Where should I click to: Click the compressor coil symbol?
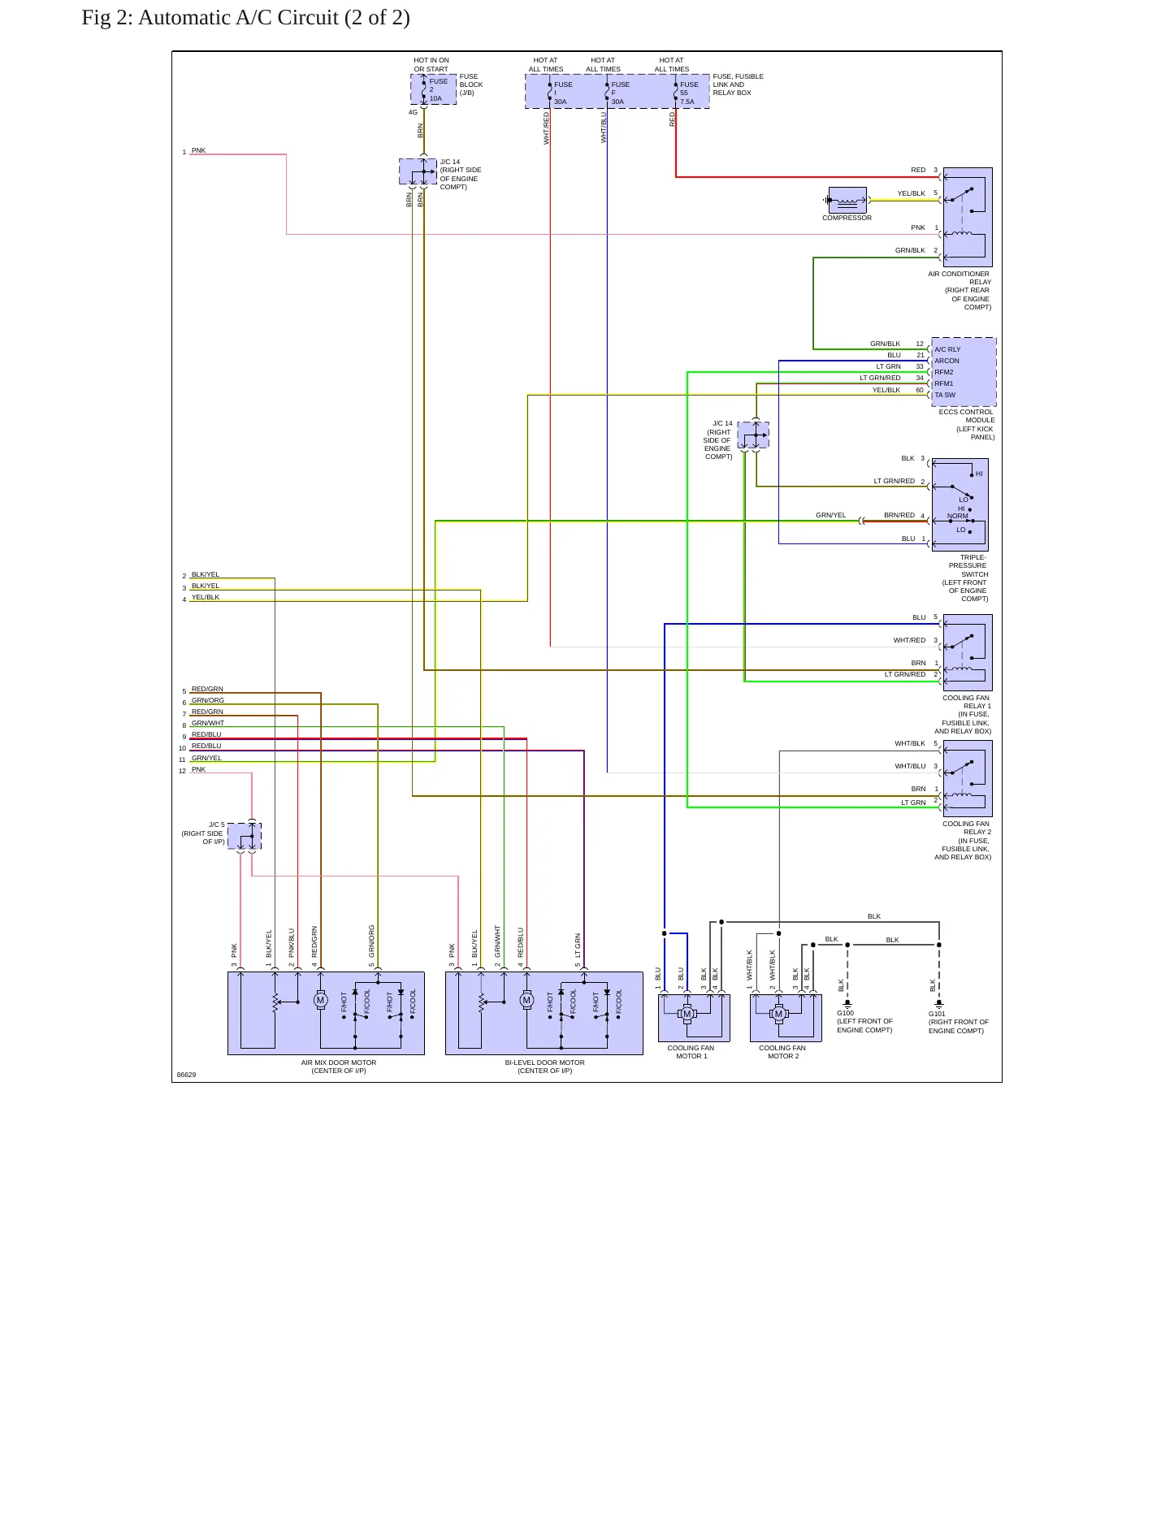(x=847, y=200)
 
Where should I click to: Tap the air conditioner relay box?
(x=968, y=217)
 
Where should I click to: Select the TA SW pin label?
(x=945, y=396)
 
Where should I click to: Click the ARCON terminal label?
(x=947, y=361)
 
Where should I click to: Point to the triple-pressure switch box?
(x=960, y=504)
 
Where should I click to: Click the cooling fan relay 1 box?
(x=968, y=652)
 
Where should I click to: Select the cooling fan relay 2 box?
(x=968, y=778)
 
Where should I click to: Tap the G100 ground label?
(x=846, y=1013)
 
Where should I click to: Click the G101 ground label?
(x=938, y=1014)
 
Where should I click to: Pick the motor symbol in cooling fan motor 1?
(x=687, y=1014)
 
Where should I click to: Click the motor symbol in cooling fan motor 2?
(x=778, y=1014)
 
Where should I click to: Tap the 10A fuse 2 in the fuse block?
(x=433, y=89)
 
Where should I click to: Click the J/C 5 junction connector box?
(x=245, y=836)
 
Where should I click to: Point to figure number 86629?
(x=187, y=1075)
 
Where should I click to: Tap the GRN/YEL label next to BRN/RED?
(x=831, y=515)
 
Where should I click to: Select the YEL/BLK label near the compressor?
(x=911, y=193)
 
